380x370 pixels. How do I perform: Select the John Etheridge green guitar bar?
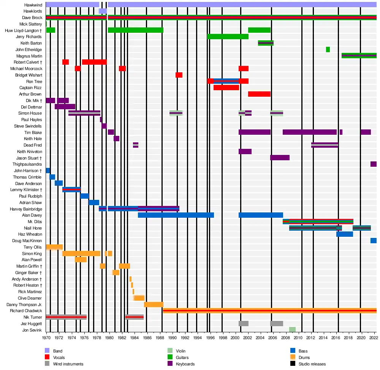tap(328, 49)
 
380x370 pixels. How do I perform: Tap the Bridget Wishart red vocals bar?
tap(179, 75)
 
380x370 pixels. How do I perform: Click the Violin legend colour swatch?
tap(170, 351)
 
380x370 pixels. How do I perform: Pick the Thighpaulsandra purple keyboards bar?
tap(373, 164)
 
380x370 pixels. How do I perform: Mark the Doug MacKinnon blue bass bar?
tap(373, 241)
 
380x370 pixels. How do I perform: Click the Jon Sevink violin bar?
tap(292, 330)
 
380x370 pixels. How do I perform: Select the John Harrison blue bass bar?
tap(48, 171)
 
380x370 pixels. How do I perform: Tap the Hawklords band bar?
tap(103, 11)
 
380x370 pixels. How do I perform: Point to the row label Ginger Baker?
tap(28, 273)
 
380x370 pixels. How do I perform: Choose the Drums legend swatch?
tap(293, 357)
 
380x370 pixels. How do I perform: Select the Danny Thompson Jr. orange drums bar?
tap(154, 305)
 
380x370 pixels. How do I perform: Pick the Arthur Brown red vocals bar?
tap(259, 94)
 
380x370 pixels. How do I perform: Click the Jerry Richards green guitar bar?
tap(228, 37)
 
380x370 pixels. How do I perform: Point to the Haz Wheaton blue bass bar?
tap(344, 234)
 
